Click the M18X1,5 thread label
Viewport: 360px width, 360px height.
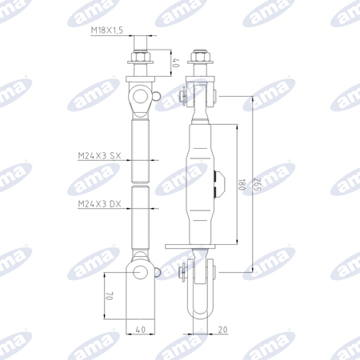coord(107,30)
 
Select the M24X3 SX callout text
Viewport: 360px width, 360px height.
coord(99,155)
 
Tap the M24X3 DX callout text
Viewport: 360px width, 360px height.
coord(99,204)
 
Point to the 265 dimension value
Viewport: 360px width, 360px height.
coord(257,185)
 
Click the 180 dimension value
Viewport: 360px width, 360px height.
coord(241,185)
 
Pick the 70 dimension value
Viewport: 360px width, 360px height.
coord(110,296)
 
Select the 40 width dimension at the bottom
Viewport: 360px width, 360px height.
coord(141,330)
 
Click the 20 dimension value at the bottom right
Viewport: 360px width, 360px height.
coord(222,330)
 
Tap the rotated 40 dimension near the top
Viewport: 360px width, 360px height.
coord(177,63)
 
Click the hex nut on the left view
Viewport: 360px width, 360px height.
coord(140,56)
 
